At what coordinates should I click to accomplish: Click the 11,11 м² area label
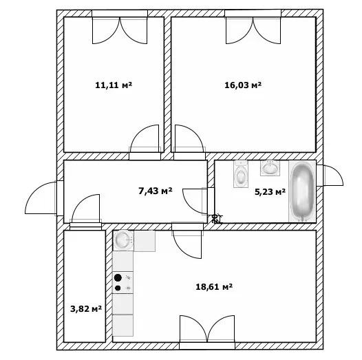coord(114,85)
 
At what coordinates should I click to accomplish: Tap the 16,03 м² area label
coord(243,85)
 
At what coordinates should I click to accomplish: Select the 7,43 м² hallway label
coord(156,191)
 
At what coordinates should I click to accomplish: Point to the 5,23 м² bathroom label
coord(270,191)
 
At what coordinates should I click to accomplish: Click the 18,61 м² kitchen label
coord(214,287)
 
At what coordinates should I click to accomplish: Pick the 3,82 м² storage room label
coord(86,309)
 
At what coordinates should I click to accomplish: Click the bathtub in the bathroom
coord(302,191)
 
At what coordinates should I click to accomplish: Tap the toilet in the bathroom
coord(241,174)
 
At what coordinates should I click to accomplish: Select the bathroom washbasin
coord(270,168)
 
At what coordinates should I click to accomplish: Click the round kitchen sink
coord(123,240)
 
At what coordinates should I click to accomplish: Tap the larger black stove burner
coord(118,277)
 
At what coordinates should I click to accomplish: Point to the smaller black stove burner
coord(118,288)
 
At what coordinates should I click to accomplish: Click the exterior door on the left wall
coord(41,198)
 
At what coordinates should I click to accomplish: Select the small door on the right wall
coord(330,176)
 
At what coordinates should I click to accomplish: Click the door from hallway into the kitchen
coord(187,240)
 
